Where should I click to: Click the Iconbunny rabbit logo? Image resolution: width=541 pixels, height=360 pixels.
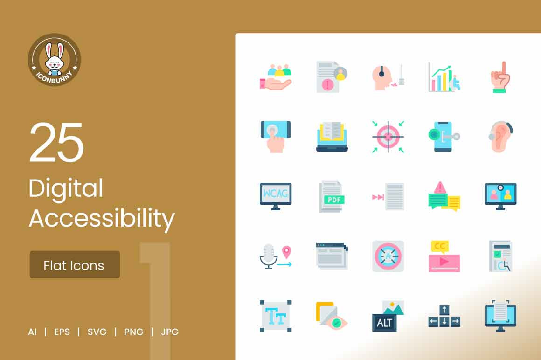55,60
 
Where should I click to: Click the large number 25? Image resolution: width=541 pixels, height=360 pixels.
56,142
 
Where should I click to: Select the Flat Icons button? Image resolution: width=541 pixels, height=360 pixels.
75,265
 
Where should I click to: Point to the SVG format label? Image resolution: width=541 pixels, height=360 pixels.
97,332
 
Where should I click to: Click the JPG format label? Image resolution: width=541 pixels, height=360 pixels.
170,332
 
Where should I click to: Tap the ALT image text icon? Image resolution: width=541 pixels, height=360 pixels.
388,316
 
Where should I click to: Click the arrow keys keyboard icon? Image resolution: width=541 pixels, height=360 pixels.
444,316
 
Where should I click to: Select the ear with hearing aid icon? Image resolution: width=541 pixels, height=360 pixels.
500,137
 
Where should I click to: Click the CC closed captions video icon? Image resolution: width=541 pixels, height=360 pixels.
444,256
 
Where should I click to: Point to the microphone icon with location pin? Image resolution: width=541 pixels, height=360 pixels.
276,256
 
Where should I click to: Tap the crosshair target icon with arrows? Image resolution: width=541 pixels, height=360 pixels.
388,137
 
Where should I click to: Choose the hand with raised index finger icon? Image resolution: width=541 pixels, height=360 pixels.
500,77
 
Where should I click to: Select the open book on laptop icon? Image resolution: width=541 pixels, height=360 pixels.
332,137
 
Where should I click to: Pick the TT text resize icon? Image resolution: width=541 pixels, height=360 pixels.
276,316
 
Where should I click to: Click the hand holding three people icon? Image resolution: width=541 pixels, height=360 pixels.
276,77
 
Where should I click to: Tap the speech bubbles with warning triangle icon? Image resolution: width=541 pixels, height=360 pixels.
444,196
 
